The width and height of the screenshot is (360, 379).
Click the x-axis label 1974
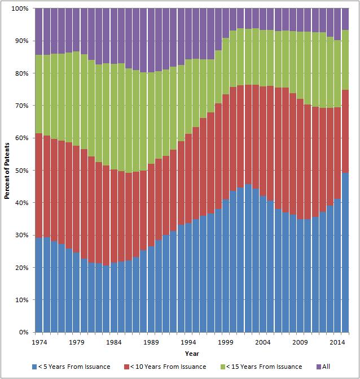39,342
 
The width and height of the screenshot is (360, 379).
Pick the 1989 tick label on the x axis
151,342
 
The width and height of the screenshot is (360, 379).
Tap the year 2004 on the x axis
264,342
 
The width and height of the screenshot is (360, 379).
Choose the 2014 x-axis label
339,342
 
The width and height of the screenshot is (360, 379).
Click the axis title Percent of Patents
7,171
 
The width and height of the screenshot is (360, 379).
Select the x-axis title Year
192,354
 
